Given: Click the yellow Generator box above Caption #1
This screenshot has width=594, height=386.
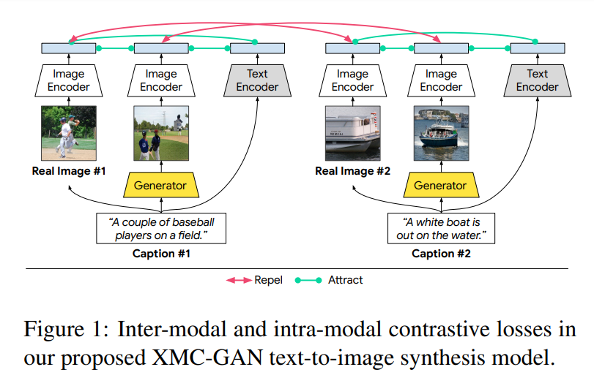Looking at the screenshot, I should (160, 185).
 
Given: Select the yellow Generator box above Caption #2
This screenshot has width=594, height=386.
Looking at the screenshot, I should (440, 185).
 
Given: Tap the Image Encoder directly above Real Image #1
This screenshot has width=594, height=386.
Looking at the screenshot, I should (69, 80).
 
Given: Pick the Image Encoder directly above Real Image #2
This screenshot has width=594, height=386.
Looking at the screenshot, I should (352, 80).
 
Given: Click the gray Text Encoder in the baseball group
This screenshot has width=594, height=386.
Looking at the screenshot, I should (257, 80).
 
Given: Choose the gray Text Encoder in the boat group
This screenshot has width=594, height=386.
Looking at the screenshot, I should (537, 80).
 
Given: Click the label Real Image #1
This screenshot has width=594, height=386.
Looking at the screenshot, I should (68, 171).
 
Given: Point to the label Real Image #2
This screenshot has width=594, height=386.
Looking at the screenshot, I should (352, 171).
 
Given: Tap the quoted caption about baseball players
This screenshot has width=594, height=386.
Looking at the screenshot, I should (160, 228).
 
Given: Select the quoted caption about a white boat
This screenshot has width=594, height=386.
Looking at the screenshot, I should (440, 228).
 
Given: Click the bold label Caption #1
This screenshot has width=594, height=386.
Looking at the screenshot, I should (160, 254).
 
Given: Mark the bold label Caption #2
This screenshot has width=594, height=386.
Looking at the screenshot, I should (441, 254).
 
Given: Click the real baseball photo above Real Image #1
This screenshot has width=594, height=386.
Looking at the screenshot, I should (69, 133).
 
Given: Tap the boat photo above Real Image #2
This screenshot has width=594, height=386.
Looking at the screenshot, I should (352, 133).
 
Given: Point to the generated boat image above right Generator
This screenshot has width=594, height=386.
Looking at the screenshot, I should (441, 133).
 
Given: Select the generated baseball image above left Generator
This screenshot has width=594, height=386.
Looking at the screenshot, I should (160, 133).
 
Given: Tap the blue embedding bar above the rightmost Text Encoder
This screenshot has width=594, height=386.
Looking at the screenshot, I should (537, 48).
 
